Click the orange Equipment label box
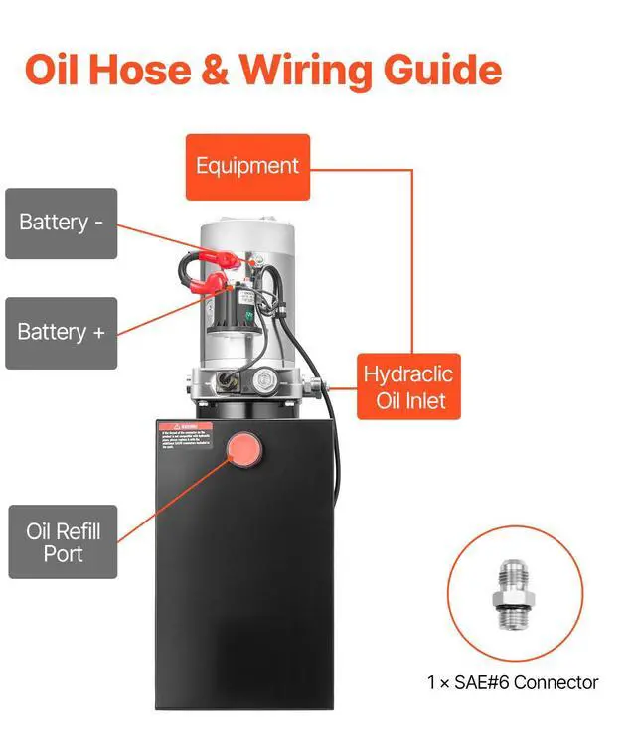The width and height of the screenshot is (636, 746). click(247, 166)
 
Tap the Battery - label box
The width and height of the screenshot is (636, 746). click(61, 223)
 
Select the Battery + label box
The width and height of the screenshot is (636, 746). click(61, 333)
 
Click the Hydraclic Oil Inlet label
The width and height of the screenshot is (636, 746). click(407, 387)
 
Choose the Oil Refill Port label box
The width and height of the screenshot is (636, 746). click(63, 541)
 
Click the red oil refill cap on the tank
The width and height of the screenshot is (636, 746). click(242, 450)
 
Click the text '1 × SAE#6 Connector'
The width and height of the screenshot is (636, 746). click(513, 682)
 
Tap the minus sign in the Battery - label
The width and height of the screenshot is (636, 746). click(98, 223)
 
